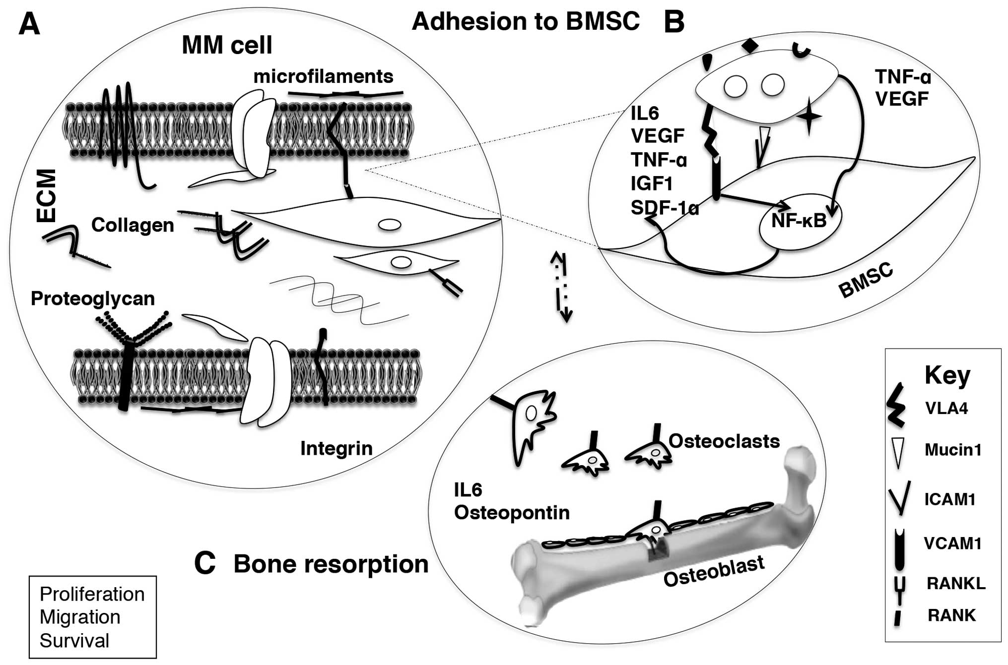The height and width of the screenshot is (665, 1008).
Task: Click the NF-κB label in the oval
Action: tap(799, 220)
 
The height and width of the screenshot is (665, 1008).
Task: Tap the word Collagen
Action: tap(133, 225)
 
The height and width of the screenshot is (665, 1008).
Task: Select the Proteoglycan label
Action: tap(93, 299)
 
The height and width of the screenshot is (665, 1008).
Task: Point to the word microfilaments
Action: tap(323, 76)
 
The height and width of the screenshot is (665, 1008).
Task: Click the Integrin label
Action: tap(336, 448)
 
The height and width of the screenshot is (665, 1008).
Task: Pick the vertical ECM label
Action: tap(47, 195)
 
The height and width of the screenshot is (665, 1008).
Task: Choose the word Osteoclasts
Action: tap(724, 441)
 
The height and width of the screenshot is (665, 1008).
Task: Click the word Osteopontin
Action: tap(512, 513)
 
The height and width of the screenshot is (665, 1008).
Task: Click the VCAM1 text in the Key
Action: tap(952, 544)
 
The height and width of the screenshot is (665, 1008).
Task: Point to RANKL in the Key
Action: tap(956, 583)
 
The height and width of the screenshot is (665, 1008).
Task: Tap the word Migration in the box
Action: tap(80, 617)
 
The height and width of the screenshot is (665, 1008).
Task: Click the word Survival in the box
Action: tap(74, 641)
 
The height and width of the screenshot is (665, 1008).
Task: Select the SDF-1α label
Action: tap(665, 208)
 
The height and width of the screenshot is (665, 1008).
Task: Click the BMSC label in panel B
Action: tap(866, 282)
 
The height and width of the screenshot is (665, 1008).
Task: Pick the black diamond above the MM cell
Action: tap(750, 46)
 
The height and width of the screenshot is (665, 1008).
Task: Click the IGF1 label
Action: tap(652, 184)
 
